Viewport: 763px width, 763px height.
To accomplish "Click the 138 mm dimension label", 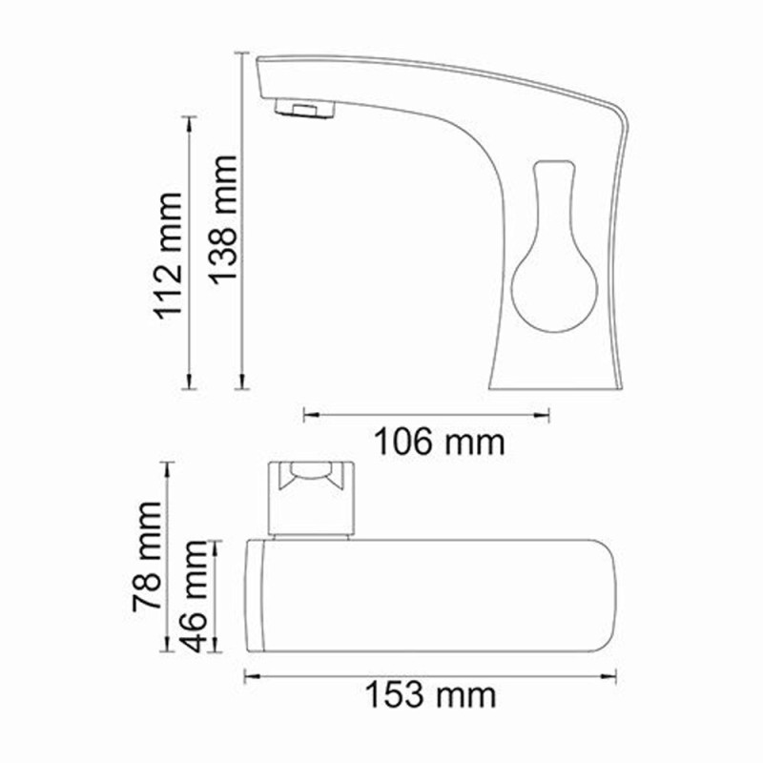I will click(x=222, y=219).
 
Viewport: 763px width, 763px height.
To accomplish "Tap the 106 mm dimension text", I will click(x=437, y=442).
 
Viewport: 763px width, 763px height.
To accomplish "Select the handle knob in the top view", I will click(x=313, y=496).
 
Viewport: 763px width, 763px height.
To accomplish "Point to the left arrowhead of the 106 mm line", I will click(x=306, y=414).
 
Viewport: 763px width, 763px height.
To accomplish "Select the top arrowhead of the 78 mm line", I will click(x=169, y=465).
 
